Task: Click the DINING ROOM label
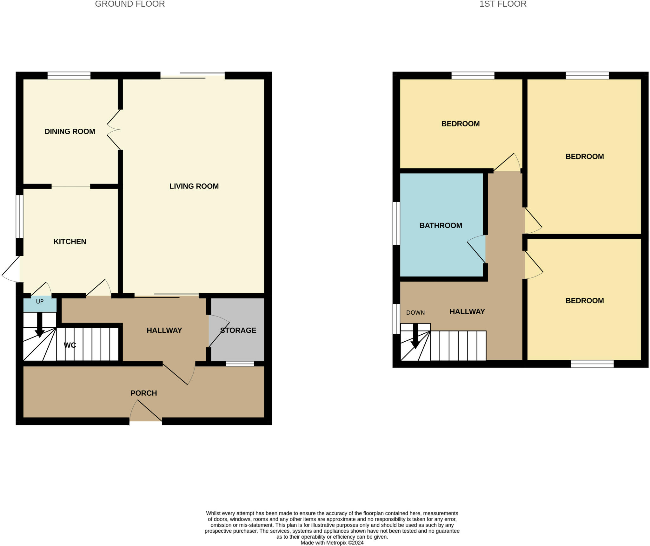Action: click(70, 132)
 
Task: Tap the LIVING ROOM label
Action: click(194, 186)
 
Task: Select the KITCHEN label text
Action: click(70, 242)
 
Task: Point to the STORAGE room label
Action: click(238, 330)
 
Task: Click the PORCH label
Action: click(143, 393)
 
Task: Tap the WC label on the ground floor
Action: click(70, 345)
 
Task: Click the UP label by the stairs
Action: click(40, 302)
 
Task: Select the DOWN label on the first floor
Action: click(415, 313)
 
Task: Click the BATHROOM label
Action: click(441, 226)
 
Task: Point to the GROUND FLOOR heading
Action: click(130, 4)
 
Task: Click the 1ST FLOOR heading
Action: click(503, 4)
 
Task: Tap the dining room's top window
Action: click(69, 76)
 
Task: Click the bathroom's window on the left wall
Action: click(396, 223)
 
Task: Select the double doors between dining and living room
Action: click(114, 130)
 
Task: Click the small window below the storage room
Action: click(240, 364)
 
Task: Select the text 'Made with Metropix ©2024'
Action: click(332, 543)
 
